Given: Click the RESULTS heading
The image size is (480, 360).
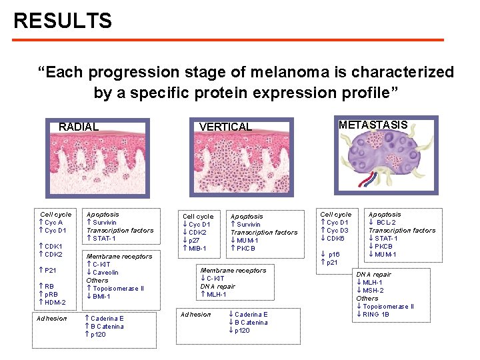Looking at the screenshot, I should (x=63, y=21).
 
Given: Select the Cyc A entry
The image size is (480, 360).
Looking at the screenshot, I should (x=53, y=223).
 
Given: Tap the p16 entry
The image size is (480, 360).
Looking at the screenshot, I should (x=331, y=255).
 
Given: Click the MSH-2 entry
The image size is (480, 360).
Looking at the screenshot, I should (x=375, y=291).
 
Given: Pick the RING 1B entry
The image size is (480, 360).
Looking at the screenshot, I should (x=377, y=315).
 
